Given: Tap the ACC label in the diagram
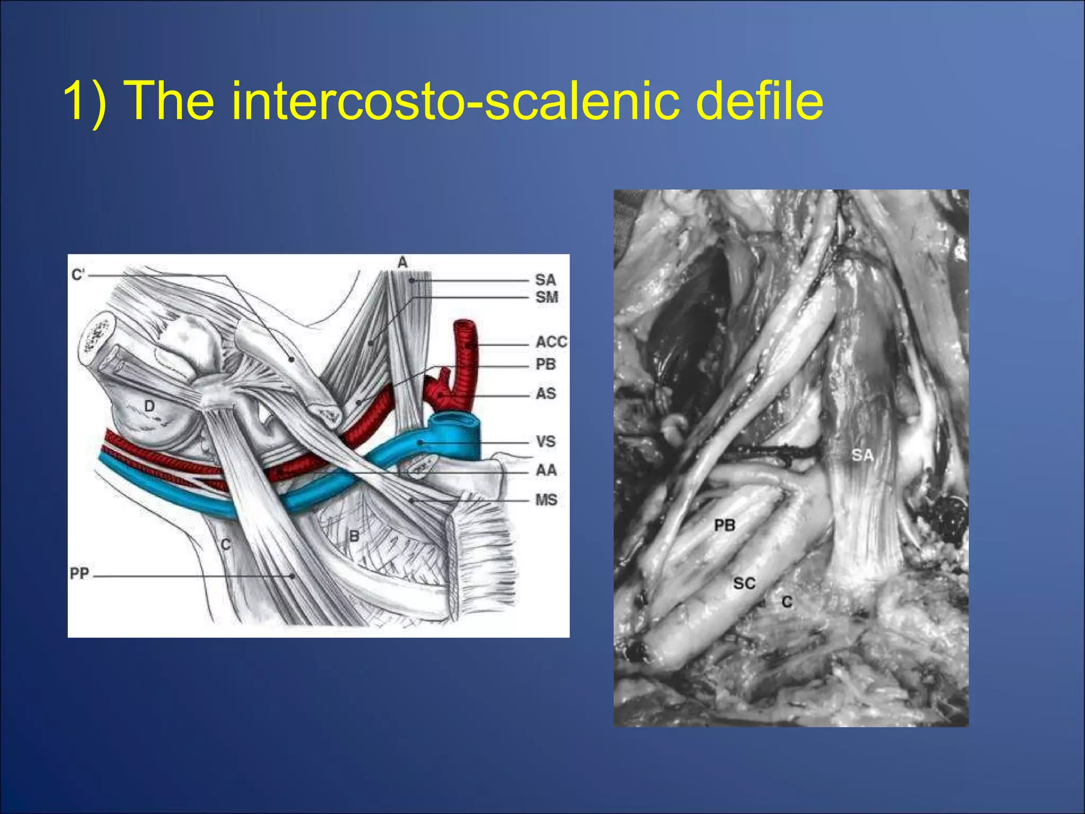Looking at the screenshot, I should point(551,342).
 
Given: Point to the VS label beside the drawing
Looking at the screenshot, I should point(546,441).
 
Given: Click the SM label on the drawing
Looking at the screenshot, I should point(547,297).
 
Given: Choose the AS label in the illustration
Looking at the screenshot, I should point(546,394).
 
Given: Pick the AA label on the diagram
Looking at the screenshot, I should point(546,470).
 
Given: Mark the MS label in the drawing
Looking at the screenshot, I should point(546,500).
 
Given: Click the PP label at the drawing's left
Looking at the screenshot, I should point(79,574).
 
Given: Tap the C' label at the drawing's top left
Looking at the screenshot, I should point(78,275).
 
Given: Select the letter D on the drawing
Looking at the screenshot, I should point(149,406).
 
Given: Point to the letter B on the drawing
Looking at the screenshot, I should point(354,536).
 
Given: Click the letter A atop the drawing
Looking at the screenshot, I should point(403,262).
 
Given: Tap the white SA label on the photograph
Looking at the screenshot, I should point(862,455).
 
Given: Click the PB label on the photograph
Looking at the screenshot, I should point(725,525).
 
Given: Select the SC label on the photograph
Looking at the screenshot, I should point(744,583).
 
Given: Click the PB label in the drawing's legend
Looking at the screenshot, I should point(546,365).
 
